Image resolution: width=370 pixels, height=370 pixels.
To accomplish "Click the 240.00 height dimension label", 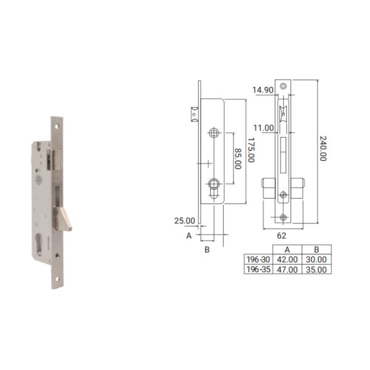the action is click(323, 149).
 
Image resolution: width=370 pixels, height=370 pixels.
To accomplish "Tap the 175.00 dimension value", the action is click(251, 150).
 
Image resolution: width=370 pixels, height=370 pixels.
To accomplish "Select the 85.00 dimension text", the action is click(238, 158).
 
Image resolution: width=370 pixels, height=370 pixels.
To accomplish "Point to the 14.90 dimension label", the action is click(263, 90).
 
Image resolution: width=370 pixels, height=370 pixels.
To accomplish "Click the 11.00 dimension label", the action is click(263, 128).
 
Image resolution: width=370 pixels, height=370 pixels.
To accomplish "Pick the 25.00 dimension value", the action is click(185, 221).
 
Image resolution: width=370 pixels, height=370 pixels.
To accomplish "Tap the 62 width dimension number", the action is click(282, 236).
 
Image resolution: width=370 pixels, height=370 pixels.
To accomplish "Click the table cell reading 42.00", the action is click(287, 260).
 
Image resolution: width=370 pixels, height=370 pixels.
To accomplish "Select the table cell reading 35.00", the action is click(316, 269).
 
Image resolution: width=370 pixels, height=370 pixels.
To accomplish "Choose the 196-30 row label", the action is click(258, 260).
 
